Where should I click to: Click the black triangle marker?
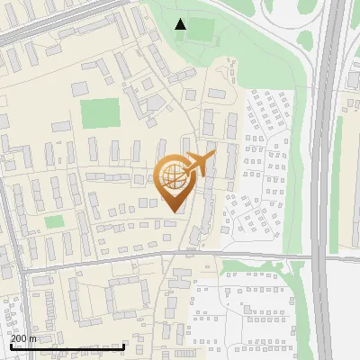pos(181,24)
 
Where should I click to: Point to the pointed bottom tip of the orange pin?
pos(174,211)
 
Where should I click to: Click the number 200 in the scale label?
pos(20,339)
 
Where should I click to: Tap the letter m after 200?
pos(33,339)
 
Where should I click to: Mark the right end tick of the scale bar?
pos(123,344)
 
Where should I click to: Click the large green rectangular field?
pos(100,113)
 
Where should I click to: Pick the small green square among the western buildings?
pos(55,221)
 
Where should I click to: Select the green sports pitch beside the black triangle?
pos(202,31)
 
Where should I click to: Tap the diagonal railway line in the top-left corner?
pos(54,20)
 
